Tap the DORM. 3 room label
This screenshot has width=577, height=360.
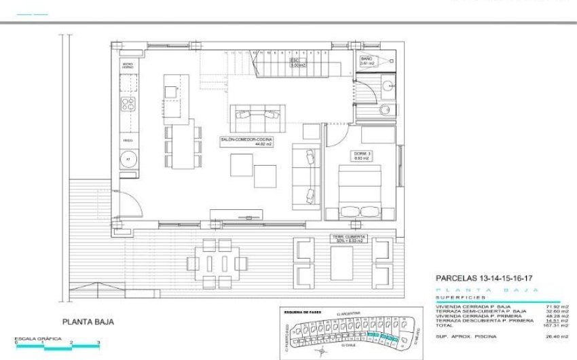pos(361,156)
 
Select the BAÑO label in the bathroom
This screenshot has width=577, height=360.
pos(368,61)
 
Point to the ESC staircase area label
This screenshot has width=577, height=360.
pos(297,62)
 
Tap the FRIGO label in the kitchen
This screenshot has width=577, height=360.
pos(128,140)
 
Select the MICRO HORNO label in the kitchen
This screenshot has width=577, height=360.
pos(128,66)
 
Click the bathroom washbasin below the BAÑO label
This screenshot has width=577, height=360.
pos(387,86)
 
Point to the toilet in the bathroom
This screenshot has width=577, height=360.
pos(385,110)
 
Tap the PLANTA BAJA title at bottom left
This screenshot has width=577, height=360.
pos(88,323)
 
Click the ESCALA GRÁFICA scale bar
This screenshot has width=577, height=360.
pos(57,346)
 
